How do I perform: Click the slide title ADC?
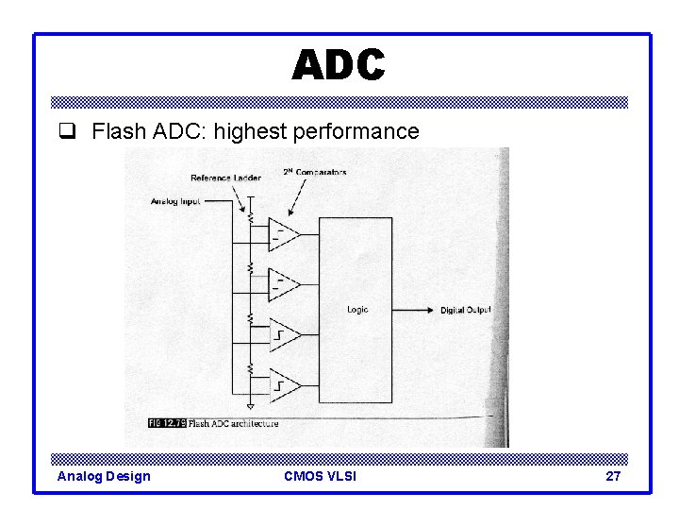point(339,65)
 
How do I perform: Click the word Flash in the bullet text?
point(116,131)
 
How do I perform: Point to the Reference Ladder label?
point(225,178)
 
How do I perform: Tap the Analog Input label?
point(175,201)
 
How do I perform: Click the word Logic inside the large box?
point(357,310)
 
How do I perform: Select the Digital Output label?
point(465,311)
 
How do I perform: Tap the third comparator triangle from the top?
point(284,334)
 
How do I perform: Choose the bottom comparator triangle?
point(284,385)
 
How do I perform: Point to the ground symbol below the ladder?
point(250,406)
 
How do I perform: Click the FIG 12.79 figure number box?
point(166,423)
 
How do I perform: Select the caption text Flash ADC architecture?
point(233,424)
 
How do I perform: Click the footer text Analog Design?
point(104,476)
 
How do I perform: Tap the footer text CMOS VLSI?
point(320,476)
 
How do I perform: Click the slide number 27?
point(613,476)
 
